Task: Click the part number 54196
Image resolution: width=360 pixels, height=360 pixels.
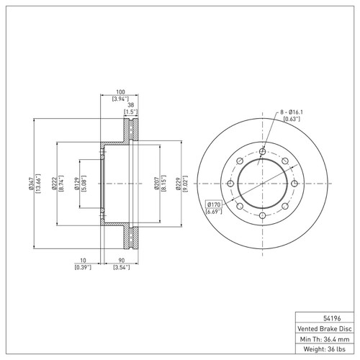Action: pyautogui.click(x=324, y=316)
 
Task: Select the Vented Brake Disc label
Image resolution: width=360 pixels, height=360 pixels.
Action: pyautogui.click(x=324, y=326)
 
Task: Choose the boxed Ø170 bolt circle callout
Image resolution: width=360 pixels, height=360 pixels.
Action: pyautogui.click(x=215, y=205)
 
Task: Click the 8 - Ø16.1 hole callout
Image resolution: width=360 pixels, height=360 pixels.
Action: pyautogui.click(x=294, y=113)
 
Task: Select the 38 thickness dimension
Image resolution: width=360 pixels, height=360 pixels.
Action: pyautogui.click(x=130, y=105)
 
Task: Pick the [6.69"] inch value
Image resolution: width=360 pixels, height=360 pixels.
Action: pyautogui.click(x=215, y=212)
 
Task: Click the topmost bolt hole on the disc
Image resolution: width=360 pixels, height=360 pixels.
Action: pyautogui.click(x=263, y=151)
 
